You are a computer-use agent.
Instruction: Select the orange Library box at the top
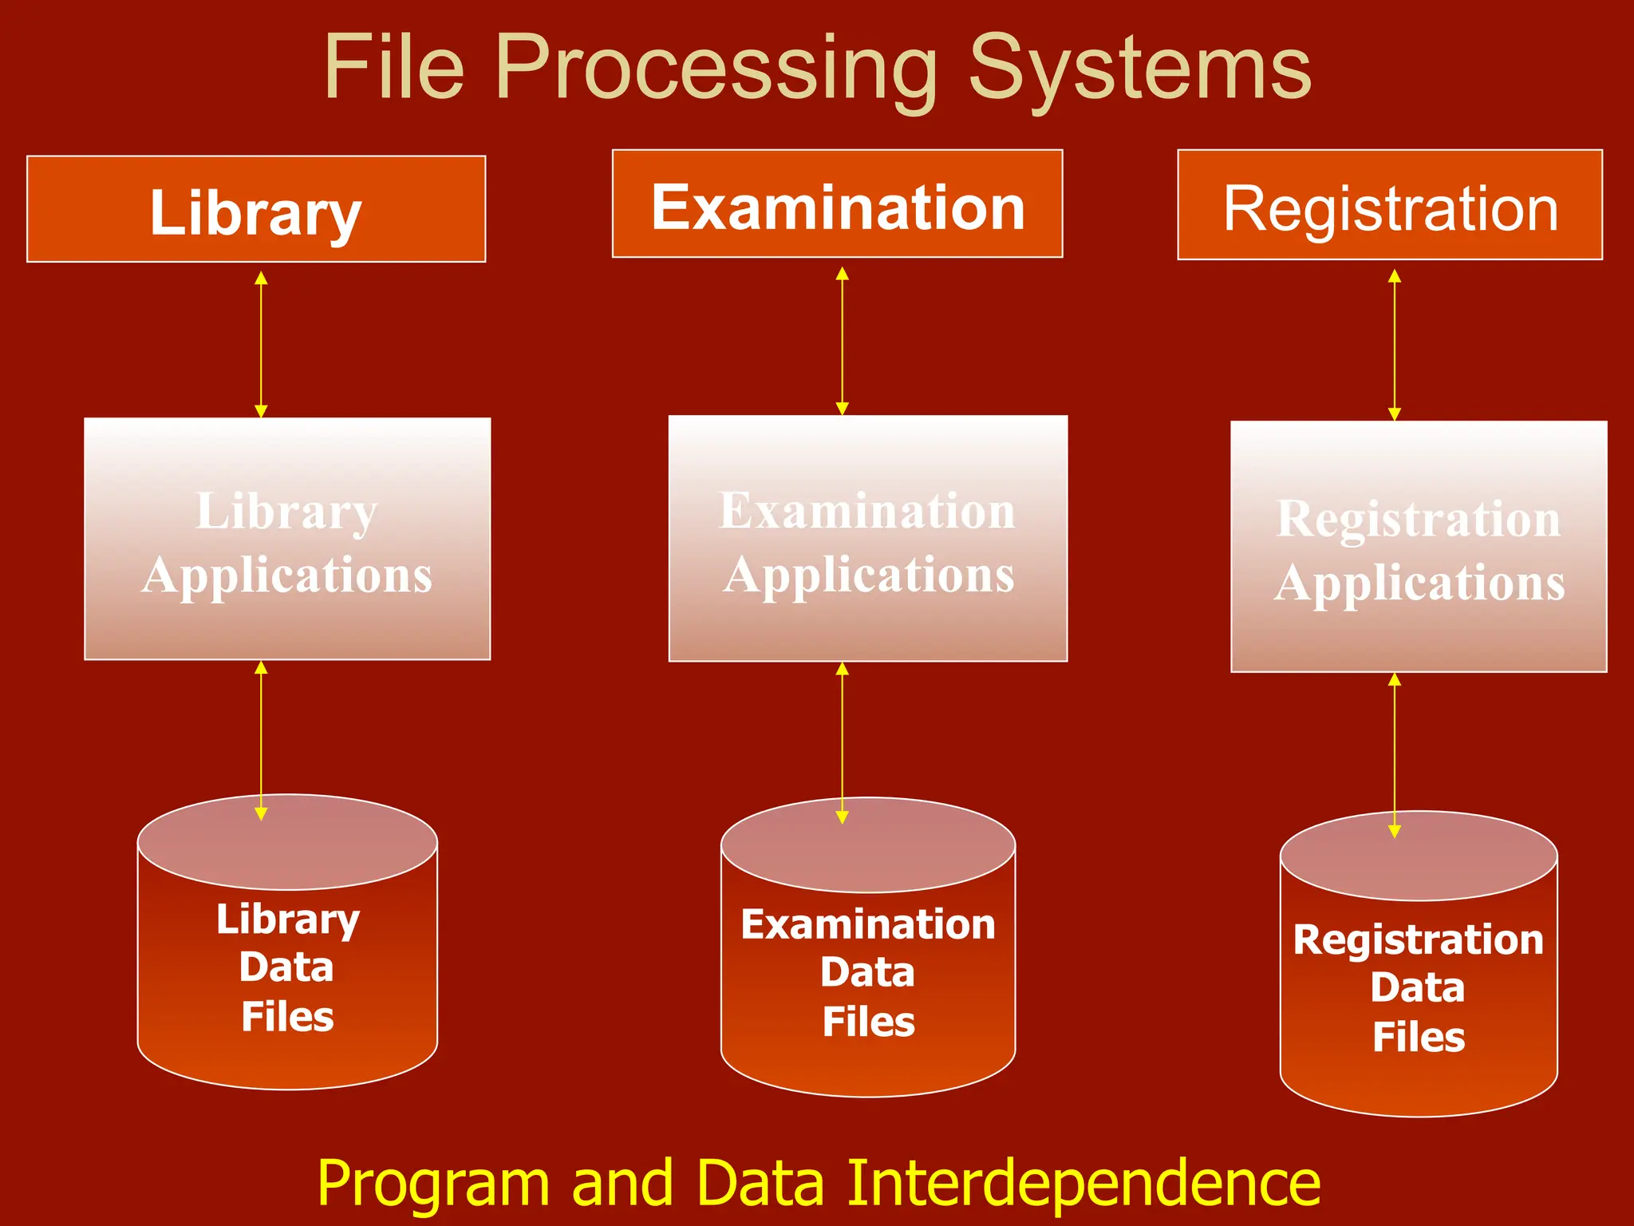[x=256, y=209]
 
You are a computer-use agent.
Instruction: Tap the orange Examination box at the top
[x=837, y=204]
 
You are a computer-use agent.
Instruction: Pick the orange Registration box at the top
[x=1390, y=205]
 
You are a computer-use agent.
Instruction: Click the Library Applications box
[x=287, y=539]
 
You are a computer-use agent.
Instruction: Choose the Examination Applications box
[x=868, y=539]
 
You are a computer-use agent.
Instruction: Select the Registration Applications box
[x=1419, y=547]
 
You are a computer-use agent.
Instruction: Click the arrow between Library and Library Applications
[x=261, y=344]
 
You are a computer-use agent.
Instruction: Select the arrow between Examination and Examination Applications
[x=842, y=341]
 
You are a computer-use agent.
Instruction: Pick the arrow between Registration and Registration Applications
[x=1395, y=345]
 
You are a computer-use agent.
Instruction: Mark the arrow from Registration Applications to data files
[x=1395, y=754]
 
